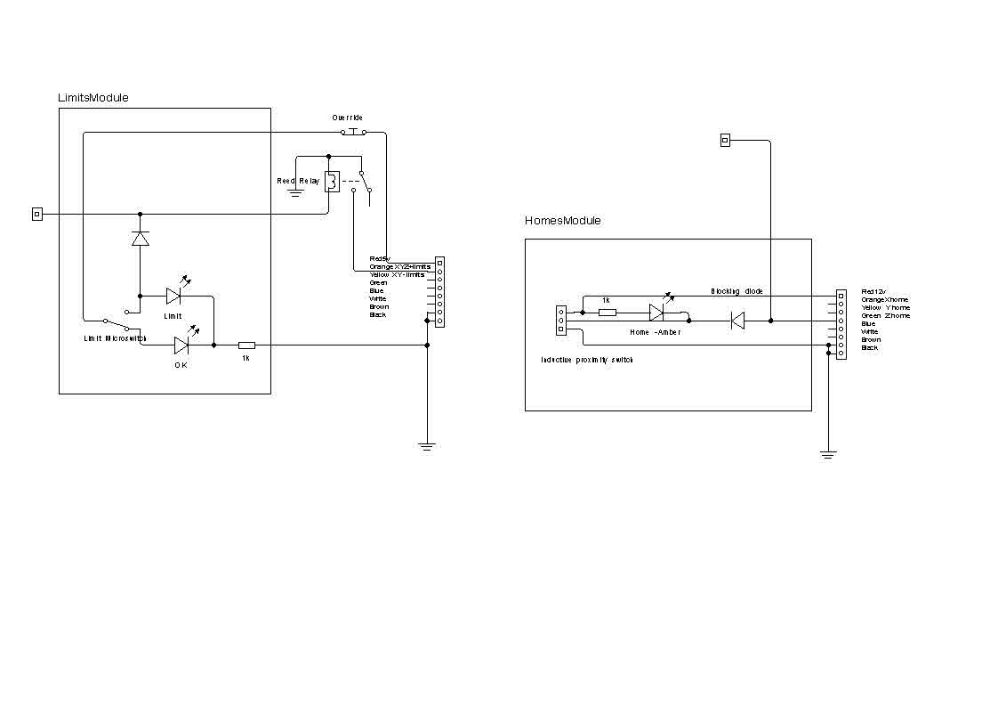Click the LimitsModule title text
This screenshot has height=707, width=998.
(x=93, y=98)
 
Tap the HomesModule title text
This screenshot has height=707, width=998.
(x=562, y=221)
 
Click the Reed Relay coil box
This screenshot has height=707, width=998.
(x=331, y=181)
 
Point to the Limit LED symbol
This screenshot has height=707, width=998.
(x=173, y=296)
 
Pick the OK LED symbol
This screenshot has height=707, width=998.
(x=181, y=345)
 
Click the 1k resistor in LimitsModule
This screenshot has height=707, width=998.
(x=246, y=345)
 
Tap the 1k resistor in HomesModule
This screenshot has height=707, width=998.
(x=607, y=313)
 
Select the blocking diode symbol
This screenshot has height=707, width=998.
(x=736, y=321)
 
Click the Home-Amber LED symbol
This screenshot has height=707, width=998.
(x=656, y=313)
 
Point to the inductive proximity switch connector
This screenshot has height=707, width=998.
(x=560, y=321)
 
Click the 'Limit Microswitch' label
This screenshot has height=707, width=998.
(x=115, y=338)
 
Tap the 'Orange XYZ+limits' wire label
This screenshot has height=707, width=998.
(x=400, y=267)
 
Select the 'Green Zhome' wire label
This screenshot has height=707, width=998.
(x=885, y=316)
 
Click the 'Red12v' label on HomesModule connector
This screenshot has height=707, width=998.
(x=873, y=291)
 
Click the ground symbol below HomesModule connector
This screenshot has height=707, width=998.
(x=828, y=454)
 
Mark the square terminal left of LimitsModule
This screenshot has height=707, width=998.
(x=36, y=214)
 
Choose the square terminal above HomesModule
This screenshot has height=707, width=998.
(x=725, y=140)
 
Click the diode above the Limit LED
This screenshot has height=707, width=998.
(x=140, y=239)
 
